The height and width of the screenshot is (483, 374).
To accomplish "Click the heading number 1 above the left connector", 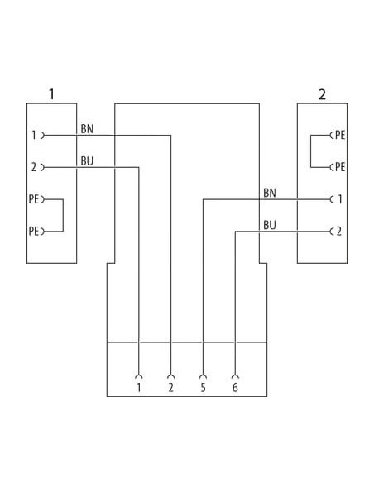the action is [52, 94].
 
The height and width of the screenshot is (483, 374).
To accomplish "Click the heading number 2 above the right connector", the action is [322, 94].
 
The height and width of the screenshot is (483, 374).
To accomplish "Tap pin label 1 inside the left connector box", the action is [34, 135].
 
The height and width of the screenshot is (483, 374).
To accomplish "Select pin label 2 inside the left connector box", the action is [34, 167].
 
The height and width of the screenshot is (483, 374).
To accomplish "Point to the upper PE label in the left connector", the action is [34, 199].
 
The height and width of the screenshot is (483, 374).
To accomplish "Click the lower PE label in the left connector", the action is [34, 232].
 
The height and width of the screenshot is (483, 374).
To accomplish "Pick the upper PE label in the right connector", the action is [340, 135].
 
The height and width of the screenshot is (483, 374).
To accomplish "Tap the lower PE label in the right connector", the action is [340, 167].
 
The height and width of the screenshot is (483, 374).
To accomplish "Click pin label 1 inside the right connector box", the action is [340, 199].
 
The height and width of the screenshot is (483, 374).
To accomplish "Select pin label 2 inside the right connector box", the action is [339, 232].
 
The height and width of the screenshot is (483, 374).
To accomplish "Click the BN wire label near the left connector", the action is [87, 129].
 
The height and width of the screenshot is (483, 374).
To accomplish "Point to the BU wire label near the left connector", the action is [87, 161].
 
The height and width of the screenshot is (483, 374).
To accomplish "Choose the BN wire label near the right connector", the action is [270, 194].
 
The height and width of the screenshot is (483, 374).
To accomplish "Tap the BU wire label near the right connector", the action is [270, 225].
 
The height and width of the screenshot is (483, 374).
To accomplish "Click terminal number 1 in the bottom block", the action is [139, 388].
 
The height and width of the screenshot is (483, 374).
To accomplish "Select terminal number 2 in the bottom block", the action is [171, 388].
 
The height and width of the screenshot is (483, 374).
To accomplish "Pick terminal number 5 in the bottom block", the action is [203, 388].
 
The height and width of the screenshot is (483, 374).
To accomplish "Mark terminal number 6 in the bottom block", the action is [235, 388].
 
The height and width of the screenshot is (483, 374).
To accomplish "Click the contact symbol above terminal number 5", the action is [203, 376].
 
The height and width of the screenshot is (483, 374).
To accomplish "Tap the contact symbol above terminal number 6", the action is [235, 376].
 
